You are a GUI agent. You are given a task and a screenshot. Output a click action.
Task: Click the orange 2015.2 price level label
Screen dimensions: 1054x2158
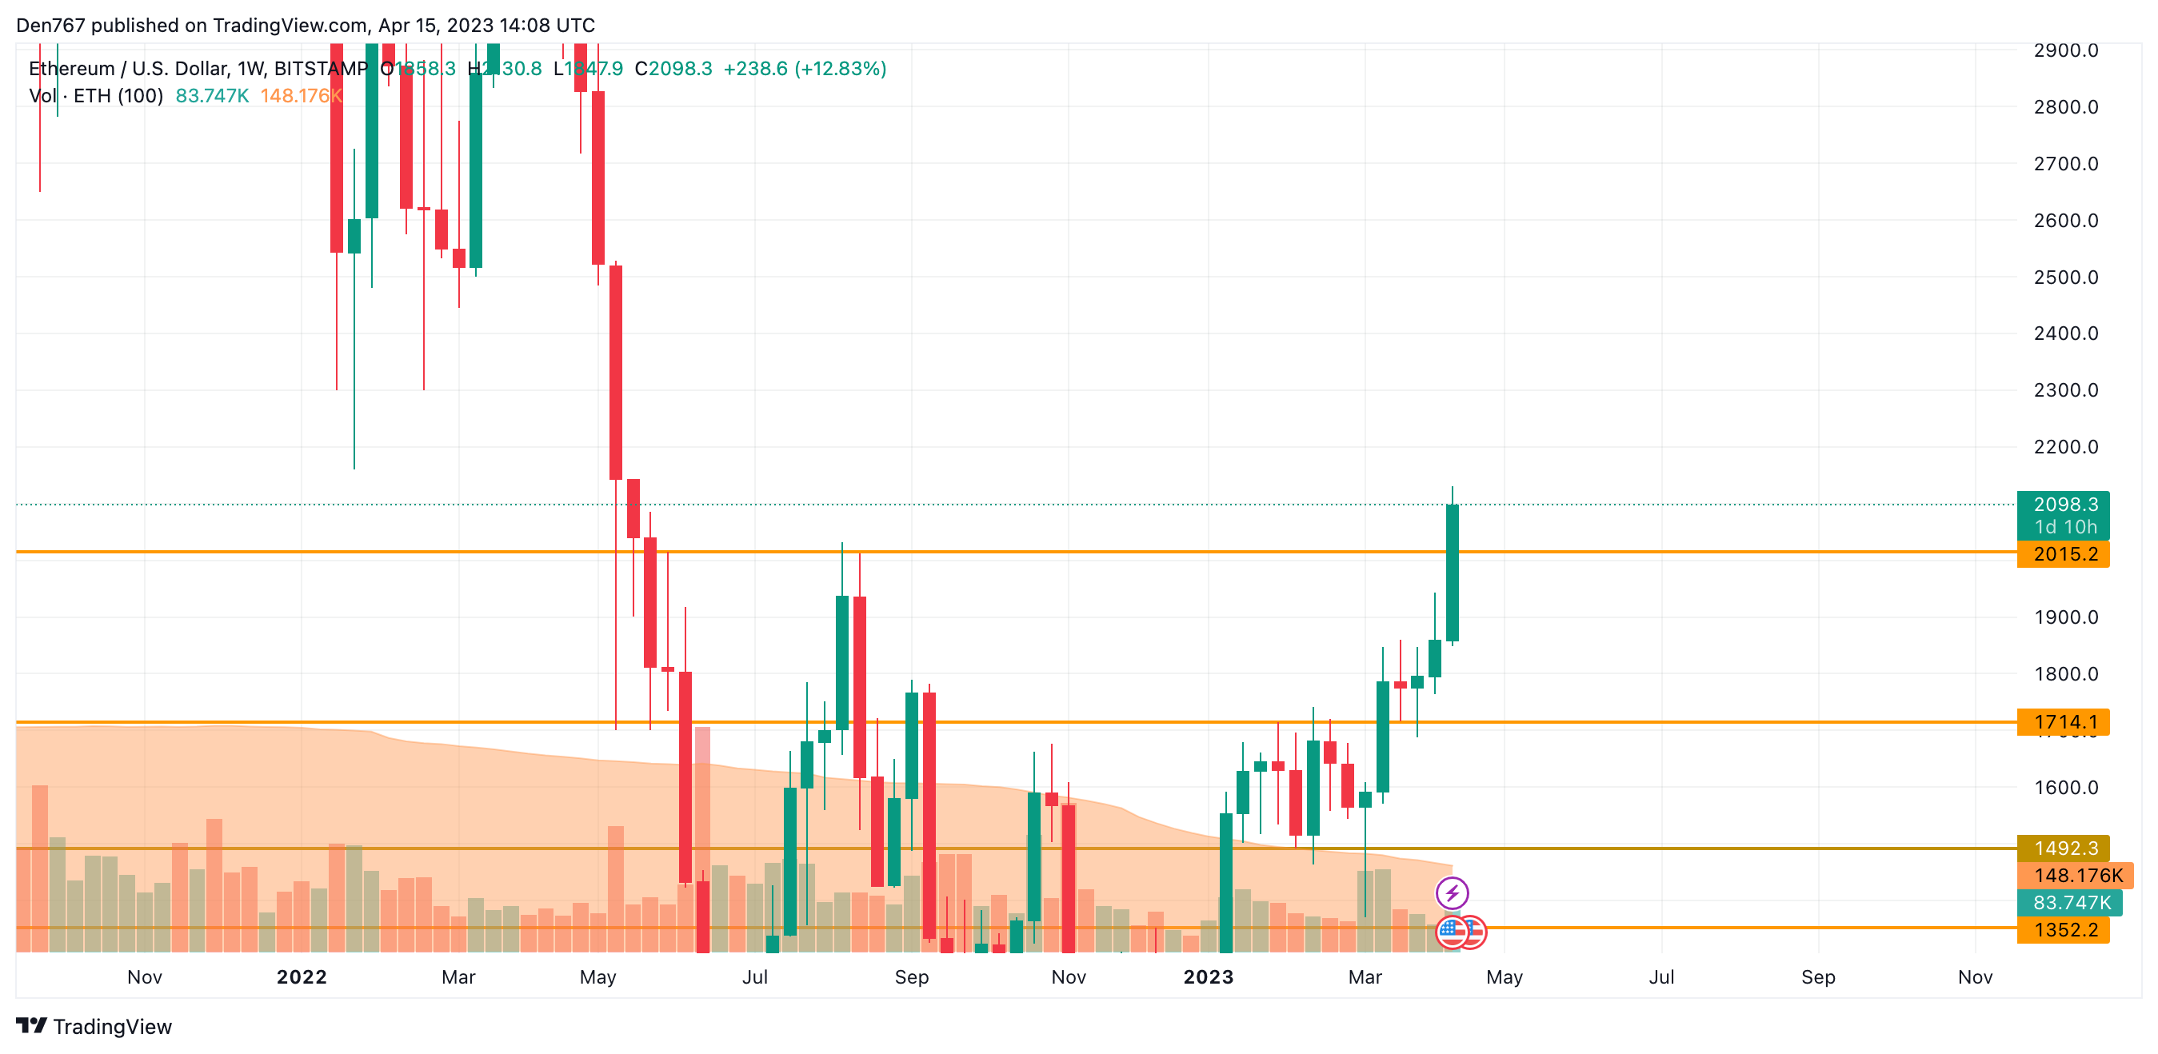pyautogui.click(x=2064, y=554)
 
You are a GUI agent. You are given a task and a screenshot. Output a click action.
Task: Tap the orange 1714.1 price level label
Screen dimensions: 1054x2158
pyautogui.click(x=2064, y=721)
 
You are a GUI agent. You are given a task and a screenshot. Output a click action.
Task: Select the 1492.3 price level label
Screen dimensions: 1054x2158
pyautogui.click(x=2064, y=848)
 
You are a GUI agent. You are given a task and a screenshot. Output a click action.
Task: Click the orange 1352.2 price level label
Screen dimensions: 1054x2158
pyautogui.click(x=2064, y=929)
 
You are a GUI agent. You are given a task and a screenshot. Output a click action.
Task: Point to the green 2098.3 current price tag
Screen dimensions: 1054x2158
pyautogui.click(x=2064, y=505)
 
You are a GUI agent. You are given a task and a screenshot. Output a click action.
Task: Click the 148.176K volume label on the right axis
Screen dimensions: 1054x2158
pyautogui.click(x=2076, y=876)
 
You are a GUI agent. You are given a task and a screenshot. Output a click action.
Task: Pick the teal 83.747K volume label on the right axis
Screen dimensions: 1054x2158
pyautogui.click(x=2071, y=902)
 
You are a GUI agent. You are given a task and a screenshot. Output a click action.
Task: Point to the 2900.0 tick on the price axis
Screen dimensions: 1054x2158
pyautogui.click(x=2066, y=50)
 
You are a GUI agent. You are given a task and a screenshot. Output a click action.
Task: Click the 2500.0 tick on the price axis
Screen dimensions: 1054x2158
pyautogui.click(x=2066, y=277)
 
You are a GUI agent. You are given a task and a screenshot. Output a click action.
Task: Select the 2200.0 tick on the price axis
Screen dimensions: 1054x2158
pyautogui.click(x=2066, y=446)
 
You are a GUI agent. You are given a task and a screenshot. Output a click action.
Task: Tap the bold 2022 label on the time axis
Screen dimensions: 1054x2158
pyautogui.click(x=302, y=977)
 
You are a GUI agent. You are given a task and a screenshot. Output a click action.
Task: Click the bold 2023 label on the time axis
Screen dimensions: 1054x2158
pyautogui.click(x=1208, y=977)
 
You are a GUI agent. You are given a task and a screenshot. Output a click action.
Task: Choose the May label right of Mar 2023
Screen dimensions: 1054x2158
pyautogui.click(x=1505, y=977)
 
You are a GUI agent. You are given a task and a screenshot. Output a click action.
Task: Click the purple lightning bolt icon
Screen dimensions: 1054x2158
pyautogui.click(x=1452, y=893)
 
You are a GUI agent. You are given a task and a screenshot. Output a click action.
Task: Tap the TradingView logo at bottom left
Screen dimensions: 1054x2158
pyautogui.click(x=94, y=1026)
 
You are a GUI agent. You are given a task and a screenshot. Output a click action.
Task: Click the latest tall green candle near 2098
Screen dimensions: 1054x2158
pyautogui.click(x=1452, y=573)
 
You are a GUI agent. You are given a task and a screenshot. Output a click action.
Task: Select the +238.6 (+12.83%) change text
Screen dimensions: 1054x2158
pyautogui.click(x=804, y=69)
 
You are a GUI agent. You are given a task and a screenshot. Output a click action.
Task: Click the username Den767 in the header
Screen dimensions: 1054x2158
pyautogui.click(x=50, y=25)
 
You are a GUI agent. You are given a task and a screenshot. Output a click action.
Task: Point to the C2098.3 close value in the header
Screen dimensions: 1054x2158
pyautogui.click(x=673, y=69)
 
